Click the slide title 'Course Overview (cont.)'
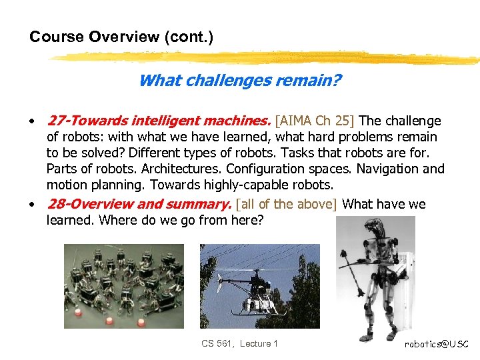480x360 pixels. [x=121, y=37]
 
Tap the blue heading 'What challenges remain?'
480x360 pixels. [x=240, y=81]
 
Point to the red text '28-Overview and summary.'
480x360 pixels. [x=139, y=204]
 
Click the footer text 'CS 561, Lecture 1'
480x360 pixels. [x=239, y=343]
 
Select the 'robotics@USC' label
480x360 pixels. [x=437, y=344]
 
